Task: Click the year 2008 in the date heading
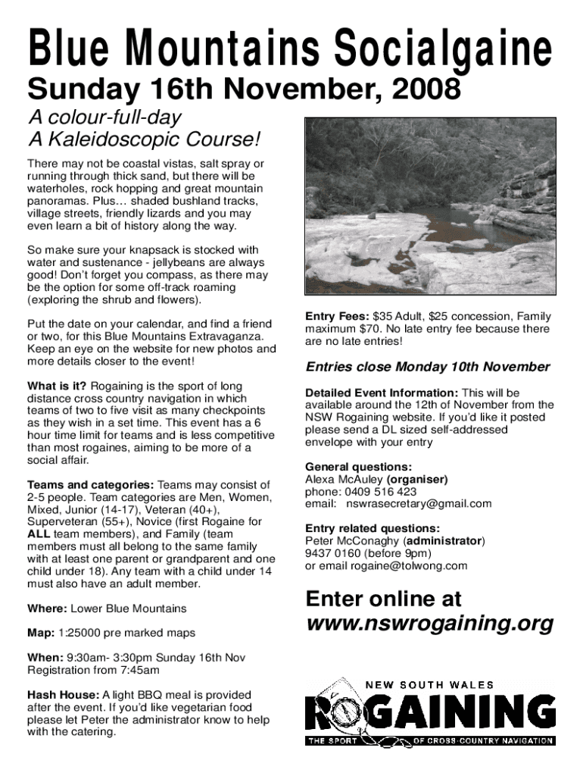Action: [x=426, y=91]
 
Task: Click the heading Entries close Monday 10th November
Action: [x=428, y=367]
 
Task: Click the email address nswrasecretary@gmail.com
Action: [x=419, y=504]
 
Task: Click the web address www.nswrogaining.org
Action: [x=429, y=624]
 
